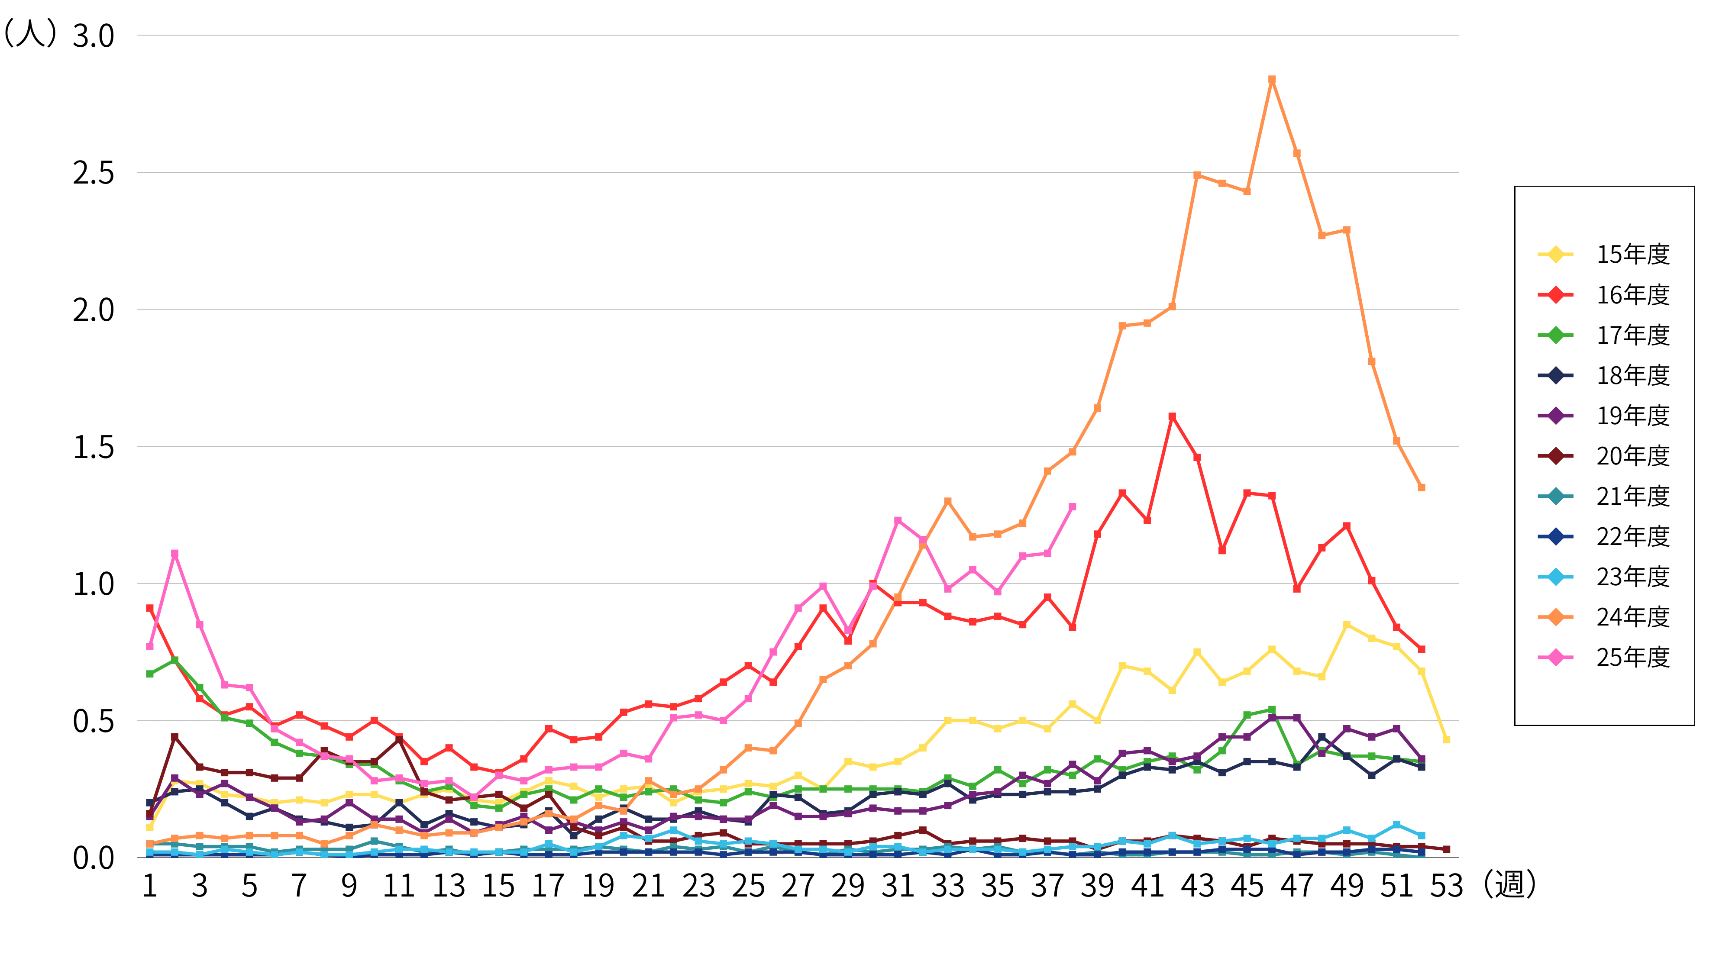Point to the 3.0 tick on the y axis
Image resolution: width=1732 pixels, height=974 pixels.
tap(94, 35)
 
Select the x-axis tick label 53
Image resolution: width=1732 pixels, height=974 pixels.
tap(1446, 886)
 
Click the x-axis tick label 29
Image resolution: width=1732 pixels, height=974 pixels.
tap(848, 886)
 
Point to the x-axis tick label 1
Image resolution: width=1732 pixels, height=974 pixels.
tap(149, 886)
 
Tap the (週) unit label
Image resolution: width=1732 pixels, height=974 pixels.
tap(1510, 884)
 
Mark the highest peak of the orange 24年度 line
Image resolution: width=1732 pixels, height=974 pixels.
tap(1271, 79)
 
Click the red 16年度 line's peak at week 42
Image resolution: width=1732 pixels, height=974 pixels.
tap(1172, 417)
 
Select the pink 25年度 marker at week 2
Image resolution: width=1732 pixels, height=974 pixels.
tap(175, 554)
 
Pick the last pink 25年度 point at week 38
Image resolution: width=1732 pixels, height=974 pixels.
tap(1073, 507)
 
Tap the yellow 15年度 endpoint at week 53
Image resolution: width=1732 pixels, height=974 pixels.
tap(1446, 739)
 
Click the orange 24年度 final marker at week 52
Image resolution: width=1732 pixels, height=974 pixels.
tap(1422, 487)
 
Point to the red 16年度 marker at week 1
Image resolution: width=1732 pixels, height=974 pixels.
tap(149, 608)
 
